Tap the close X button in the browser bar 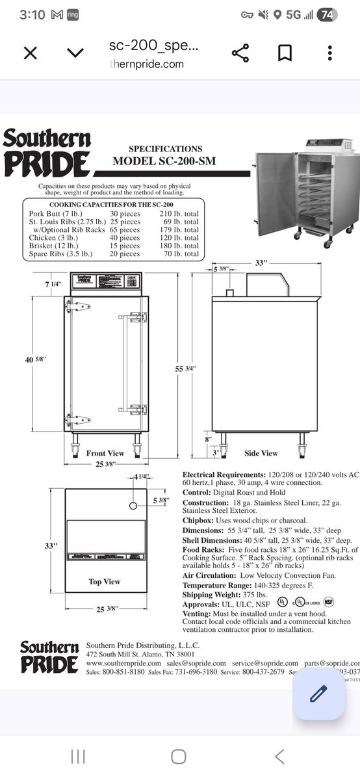(x=30, y=53)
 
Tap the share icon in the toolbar (x=240, y=53)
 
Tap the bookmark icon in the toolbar (x=285, y=53)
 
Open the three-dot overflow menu (x=330, y=53)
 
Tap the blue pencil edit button (x=318, y=694)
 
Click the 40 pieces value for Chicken (x=125, y=238)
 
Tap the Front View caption (x=105, y=453)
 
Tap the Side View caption (x=261, y=453)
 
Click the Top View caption (x=105, y=581)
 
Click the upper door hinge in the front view (x=77, y=307)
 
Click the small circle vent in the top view (x=134, y=505)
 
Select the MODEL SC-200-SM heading (x=165, y=161)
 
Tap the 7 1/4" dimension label (x=54, y=284)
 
